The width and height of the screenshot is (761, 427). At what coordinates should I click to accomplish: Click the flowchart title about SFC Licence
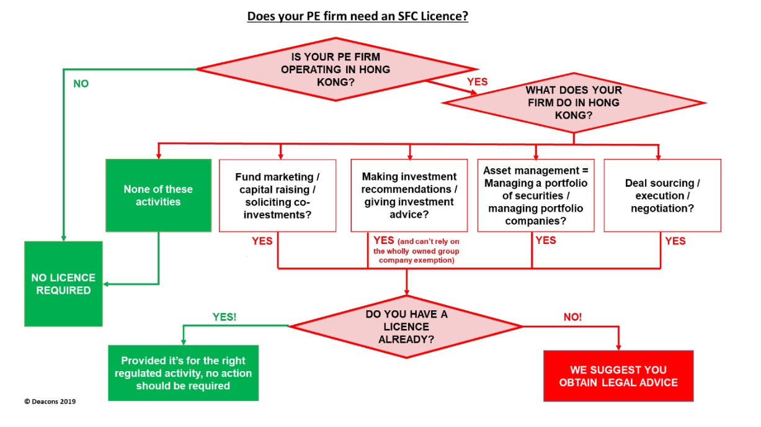(358, 16)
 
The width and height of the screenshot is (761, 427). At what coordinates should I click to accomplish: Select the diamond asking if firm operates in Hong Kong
(336, 69)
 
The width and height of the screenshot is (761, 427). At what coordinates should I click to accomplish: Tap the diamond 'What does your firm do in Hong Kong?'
(573, 102)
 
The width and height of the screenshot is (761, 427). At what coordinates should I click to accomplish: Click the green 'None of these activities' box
(158, 196)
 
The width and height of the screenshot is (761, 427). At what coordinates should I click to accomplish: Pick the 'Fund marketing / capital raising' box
(277, 196)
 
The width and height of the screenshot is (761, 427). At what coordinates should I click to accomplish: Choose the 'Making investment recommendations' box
(409, 196)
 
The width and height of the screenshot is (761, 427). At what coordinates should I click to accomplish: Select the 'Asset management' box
(536, 196)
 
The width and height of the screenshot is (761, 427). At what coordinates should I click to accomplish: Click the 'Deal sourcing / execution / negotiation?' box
(662, 196)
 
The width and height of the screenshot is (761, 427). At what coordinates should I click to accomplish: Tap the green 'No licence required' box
(63, 284)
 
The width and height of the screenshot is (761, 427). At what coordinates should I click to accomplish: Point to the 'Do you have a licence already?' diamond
(406, 326)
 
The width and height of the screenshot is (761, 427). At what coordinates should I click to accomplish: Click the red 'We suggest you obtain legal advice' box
(618, 375)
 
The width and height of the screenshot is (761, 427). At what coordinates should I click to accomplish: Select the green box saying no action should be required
(184, 373)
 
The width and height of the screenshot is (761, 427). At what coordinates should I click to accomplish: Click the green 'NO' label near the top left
(81, 84)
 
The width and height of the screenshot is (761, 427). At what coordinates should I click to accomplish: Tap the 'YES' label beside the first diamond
(478, 81)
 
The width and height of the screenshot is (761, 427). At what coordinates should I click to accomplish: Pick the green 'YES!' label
(225, 316)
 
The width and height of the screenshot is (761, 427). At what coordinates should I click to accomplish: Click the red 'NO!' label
(572, 317)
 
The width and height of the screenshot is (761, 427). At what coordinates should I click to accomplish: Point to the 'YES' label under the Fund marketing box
(262, 241)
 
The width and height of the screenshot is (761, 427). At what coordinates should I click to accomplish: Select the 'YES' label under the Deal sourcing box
(675, 241)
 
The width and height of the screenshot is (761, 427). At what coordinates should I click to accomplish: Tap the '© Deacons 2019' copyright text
(50, 402)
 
